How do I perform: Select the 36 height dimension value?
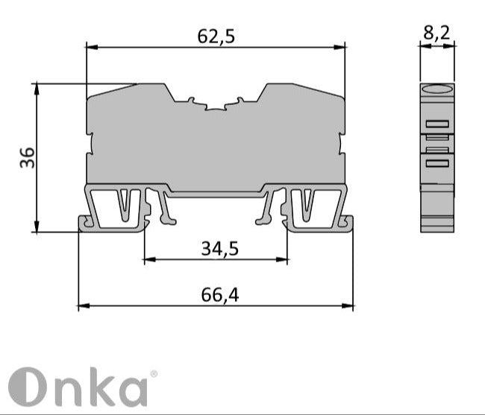[x=27, y=157]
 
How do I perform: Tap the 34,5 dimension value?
[x=219, y=248]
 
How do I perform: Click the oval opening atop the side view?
[x=437, y=91]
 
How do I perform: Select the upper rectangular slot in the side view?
[x=437, y=124]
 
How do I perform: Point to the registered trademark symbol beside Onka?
[x=154, y=375]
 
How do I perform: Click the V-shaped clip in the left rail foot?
[x=127, y=205]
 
